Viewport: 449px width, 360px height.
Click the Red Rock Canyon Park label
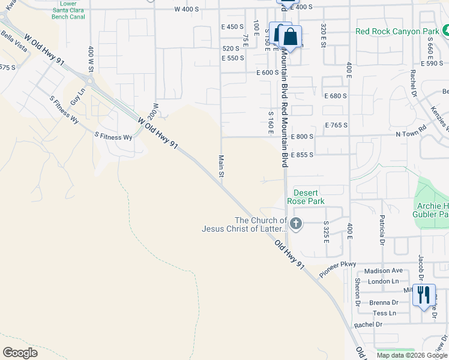[397, 31]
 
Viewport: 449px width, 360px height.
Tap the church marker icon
[295, 224]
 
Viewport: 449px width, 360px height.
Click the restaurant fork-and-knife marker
[424, 295]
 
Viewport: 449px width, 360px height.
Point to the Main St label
[221, 166]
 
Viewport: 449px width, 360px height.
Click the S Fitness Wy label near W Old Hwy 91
[113, 137]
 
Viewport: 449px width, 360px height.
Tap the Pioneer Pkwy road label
[338, 268]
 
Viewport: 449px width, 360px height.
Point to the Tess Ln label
[384, 313]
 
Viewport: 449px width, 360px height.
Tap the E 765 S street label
[336, 125]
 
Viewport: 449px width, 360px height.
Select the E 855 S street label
[302, 155]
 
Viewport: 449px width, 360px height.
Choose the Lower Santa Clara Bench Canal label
[68, 10]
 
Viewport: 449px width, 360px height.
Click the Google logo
[20, 352]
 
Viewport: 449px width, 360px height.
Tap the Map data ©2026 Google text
[412, 355]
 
